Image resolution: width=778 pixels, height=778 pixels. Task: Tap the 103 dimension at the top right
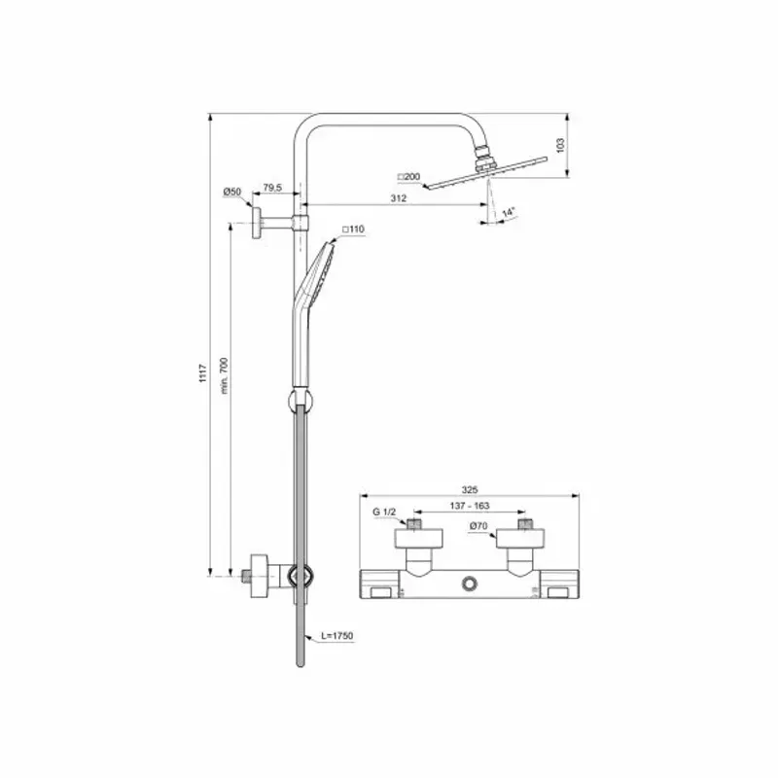pos(559,144)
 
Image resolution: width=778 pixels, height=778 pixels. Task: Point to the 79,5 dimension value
pos(272,187)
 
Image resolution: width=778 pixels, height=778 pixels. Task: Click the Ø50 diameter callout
pos(231,193)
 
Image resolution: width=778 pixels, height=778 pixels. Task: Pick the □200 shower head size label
pos(408,177)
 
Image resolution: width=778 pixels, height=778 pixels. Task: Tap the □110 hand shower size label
pos(353,230)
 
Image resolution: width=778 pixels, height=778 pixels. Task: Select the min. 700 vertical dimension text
pos(223,375)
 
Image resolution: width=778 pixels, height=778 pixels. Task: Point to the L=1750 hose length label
pos(336,636)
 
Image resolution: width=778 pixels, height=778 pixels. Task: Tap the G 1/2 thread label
pos(384,512)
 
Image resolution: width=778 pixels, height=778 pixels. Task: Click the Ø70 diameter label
pos(477,526)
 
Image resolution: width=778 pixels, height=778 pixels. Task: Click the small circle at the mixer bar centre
pos(470,583)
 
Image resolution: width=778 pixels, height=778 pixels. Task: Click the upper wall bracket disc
pos(257,223)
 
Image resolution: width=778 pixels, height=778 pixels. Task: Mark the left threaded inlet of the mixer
pos(415,526)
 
